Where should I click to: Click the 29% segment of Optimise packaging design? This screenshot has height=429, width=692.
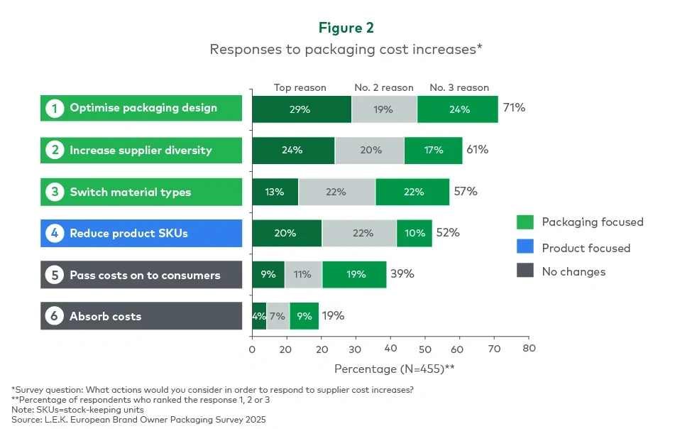[302, 109]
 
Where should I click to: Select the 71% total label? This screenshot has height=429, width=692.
[514, 108]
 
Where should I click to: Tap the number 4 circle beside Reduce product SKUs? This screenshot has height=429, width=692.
[54, 233]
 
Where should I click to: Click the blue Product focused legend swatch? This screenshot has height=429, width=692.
[525, 248]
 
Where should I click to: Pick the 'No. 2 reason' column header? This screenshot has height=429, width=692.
[383, 87]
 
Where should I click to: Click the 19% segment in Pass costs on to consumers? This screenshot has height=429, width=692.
[354, 274]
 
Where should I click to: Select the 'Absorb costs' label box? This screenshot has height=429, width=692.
[141, 316]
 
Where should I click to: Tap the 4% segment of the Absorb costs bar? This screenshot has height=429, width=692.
[259, 316]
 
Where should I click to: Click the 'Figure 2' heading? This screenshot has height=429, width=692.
[346, 28]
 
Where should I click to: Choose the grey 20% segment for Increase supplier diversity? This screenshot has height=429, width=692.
[370, 150]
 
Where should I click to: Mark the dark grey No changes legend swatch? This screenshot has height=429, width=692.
[525, 271]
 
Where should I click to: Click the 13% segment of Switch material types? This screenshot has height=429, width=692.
[275, 192]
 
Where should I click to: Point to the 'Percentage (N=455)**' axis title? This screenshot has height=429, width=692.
[394, 369]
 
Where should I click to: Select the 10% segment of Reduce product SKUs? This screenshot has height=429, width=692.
[414, 233]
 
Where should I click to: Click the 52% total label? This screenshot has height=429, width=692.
[448, 232]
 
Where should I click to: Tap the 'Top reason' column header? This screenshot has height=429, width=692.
[300, 87]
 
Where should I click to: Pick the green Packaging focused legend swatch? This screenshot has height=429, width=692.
[525, 222]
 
